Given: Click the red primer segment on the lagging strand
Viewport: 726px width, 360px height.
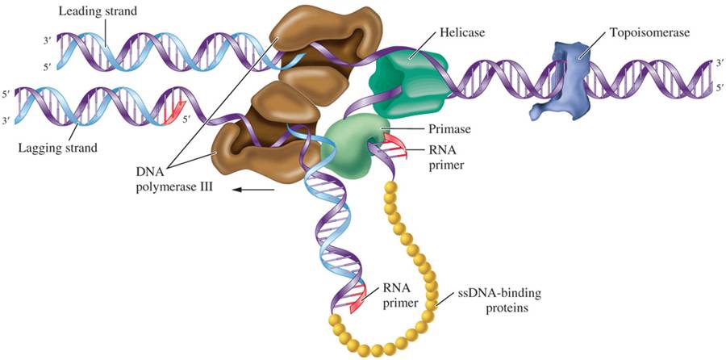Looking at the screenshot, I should coord(173,111).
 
